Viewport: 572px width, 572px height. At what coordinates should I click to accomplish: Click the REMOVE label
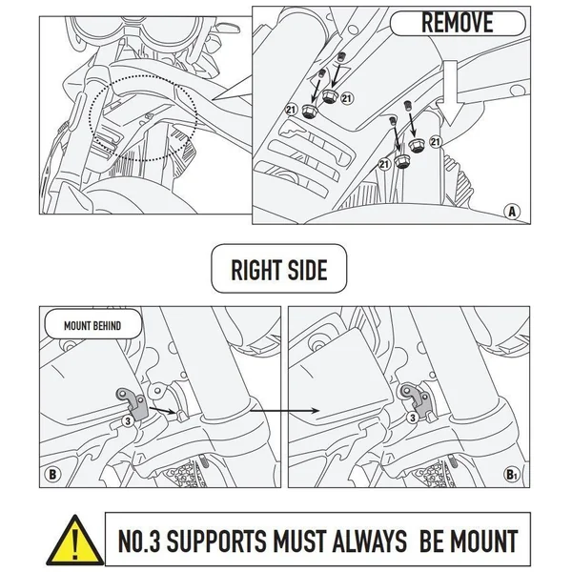pyautogui.click(x=458, y=23)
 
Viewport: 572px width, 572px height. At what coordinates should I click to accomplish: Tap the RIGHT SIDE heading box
pyautogui.click(x=279, y=269)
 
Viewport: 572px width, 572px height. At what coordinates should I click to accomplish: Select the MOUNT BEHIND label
pyautogui.click(x=92, y=325)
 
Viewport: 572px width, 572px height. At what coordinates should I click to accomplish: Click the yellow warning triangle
pyautogui.click(x=75, y=540)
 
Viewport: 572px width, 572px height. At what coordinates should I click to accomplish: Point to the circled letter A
pyautogui.click(x=512, y=212)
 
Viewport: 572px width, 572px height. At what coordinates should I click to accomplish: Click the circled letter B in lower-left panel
pyautogui.click(x=52, y=475)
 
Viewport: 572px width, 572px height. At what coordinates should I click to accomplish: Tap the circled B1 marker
pyautogui.click(x=511, y=475)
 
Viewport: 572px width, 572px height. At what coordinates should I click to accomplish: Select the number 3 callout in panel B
pyautogui.click(x=128, y=421)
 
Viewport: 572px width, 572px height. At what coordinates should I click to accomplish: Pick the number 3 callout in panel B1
pyautogui.click(x=413, y=418)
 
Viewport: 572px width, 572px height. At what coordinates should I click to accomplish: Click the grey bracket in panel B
pyautogui.click(x=133, y=403)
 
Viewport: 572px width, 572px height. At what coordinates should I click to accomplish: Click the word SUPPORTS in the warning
pyautogui.click(x=216, y=541)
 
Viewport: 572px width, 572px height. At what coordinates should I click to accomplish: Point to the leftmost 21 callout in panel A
pyautogui.click(x=291, y=109)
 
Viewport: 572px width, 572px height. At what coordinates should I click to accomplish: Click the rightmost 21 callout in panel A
pyautogui.click(x=436, y=141)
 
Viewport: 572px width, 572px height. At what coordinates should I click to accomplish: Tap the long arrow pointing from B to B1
pyautogui.click(x=284, y=411)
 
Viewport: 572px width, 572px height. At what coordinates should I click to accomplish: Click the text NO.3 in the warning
pyautogui.click(x=139, y=541)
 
